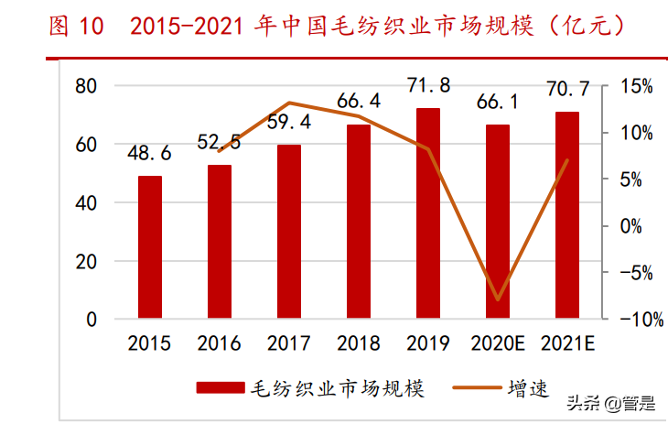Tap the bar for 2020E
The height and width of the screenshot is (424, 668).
[x=498, y=222]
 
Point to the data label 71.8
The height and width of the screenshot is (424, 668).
[x=428, y=86]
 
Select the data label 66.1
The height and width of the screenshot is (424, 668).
[x=498, y=102]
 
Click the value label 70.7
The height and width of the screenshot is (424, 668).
[x=567, y=90]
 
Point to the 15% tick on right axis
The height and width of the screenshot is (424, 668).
[x=635, y=86]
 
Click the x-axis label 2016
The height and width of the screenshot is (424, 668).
[x=220, y=344]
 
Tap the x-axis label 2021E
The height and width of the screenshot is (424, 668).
[x=567, y=344]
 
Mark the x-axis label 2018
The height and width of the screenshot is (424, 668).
[x=359, y=344]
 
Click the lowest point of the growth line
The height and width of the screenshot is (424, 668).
[x=498, y=299]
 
